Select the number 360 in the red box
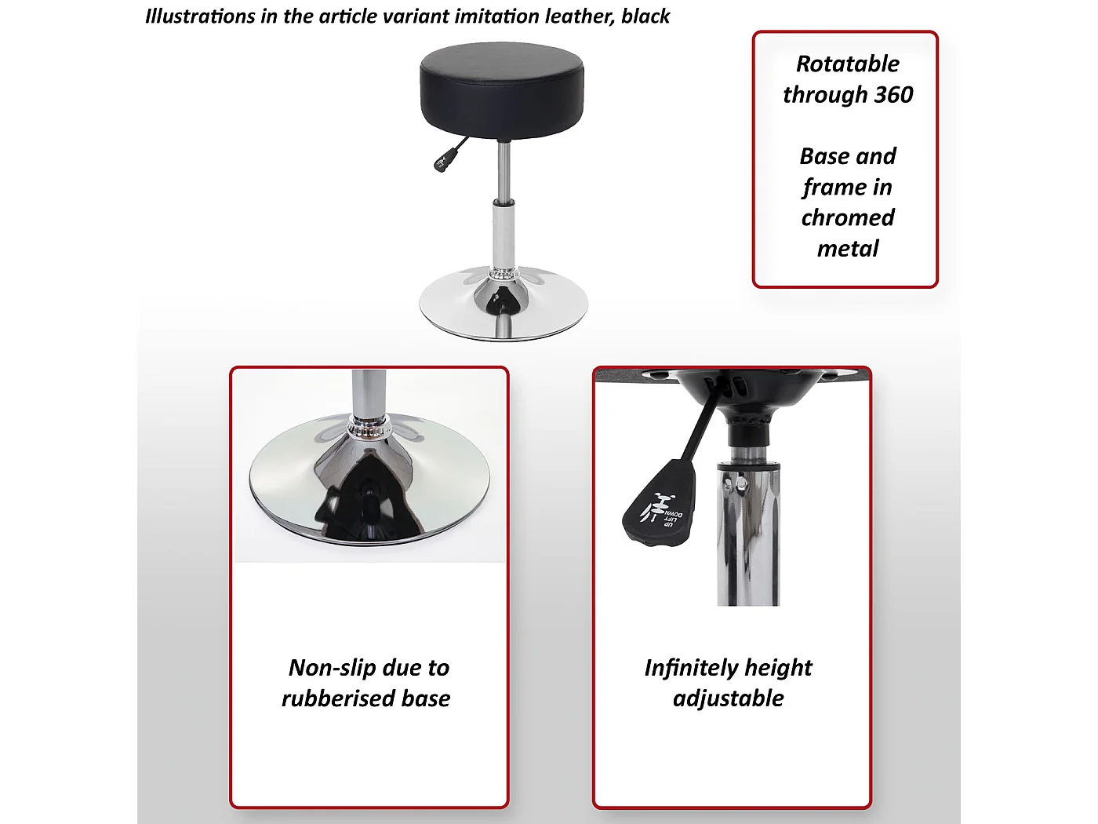[893, 95]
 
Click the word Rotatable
[848, 64]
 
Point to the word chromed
[848, 217]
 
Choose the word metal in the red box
[848, 249]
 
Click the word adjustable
[729, 698]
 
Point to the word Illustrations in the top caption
[200, 16]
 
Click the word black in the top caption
[645, 16]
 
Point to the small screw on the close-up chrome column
[740, 484]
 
